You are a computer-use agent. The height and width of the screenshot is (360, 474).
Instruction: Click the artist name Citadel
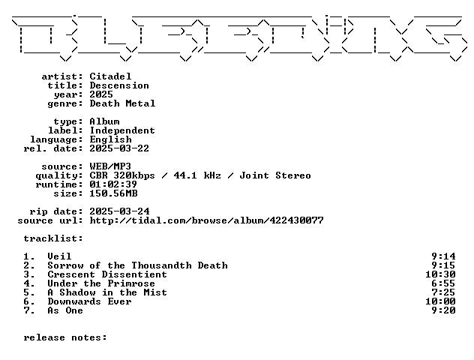click(110, 76)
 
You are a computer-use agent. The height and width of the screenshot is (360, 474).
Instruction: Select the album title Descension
click(119, 85)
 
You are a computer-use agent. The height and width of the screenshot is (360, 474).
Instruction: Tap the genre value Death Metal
click(122, 103)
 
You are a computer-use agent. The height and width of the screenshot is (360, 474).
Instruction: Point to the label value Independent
click(122, 130)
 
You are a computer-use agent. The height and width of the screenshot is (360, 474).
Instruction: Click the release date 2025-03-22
click(119, 148)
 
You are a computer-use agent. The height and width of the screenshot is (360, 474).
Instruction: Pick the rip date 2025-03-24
click(119, 211)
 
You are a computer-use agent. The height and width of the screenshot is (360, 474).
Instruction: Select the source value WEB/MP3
click(110, 166)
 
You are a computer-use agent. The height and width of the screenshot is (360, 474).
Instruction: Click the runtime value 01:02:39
click(113, 184)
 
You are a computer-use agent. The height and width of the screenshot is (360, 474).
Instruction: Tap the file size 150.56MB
click(113, 193)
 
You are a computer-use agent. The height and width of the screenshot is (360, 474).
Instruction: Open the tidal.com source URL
click(207, 220)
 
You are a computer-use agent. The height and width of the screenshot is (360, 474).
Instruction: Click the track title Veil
click(59, 256)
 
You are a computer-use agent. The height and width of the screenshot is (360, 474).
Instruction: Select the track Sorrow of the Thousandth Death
click(137, 265)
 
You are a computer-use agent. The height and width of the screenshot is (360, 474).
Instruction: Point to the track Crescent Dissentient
click(107, 274)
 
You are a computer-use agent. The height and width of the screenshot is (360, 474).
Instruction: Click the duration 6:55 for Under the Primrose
click(443, 283)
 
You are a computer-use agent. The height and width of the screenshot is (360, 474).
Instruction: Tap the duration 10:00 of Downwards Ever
click(440, 301)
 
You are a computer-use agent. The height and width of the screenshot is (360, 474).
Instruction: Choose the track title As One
click(65, 310)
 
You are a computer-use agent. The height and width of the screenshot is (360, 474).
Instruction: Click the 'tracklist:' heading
click(53, 238)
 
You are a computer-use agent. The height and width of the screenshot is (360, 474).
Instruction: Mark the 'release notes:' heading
click(65, 337)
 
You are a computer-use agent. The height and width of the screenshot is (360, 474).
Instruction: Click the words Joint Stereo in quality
click(275, 175)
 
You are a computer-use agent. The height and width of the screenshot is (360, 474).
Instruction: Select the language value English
click(111, 139)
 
